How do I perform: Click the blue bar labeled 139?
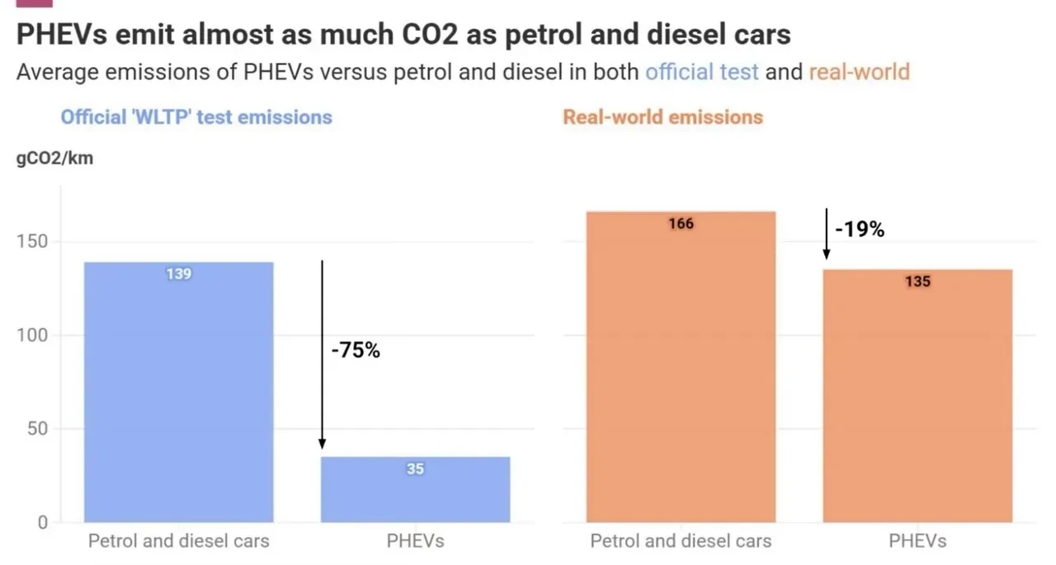179,392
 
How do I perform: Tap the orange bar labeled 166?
681,368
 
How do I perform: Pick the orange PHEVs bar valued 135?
917,396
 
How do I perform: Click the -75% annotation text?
356,350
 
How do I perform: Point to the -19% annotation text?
860,230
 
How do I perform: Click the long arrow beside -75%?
322,355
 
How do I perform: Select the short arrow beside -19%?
826,235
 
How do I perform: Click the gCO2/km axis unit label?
54,159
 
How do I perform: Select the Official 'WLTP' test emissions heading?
196,116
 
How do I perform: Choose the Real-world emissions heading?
662,116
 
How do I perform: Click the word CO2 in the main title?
446,35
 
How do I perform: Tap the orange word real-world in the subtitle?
859,72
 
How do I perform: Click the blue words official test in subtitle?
701,72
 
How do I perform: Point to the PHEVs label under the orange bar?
917,542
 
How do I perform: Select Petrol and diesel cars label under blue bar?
179,542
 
